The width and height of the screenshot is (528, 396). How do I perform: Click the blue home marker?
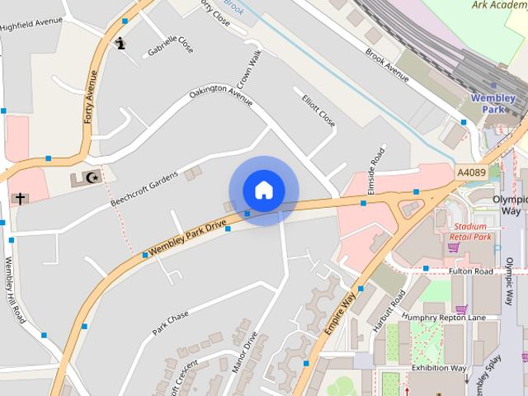[x=263, y=191]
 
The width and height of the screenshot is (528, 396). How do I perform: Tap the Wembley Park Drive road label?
[x=186, y=238]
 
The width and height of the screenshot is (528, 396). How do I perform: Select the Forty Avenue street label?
[x=90, y=97]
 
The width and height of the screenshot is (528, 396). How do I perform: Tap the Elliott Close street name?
[x=318, y=108]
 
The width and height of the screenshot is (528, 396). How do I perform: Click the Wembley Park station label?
[x=493, y=103]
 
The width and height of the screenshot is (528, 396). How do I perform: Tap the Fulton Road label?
[x=470, y=271]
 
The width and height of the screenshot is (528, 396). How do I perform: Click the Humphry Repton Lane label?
[x=442, y=318]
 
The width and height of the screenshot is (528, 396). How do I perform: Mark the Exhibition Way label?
[x=439, y=368]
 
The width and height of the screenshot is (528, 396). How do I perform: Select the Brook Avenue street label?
[x=387, y=64]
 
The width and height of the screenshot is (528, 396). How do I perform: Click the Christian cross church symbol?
[x=19, y=199]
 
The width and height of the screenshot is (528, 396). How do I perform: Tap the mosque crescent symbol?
[x=93, y=177]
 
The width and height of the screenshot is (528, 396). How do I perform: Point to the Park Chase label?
[x=170, y=323]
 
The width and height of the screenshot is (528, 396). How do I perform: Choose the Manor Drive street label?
[x=244, y=352]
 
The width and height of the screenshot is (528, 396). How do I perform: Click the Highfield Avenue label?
[x=32, y=22]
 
